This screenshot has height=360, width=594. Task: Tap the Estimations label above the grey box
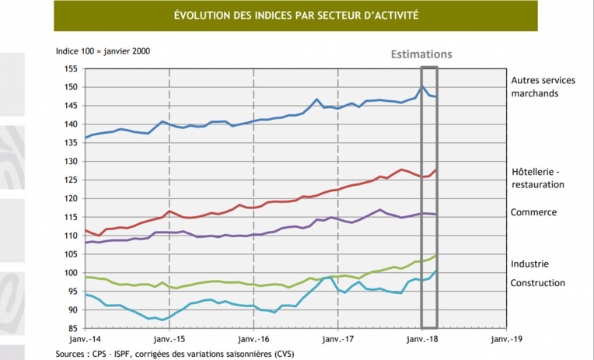point(421,54)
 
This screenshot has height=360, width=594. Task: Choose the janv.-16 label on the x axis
point(253,340)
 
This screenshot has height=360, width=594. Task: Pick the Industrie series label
point(530,264)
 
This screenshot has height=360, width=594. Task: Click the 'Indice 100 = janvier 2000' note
point(103,51)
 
